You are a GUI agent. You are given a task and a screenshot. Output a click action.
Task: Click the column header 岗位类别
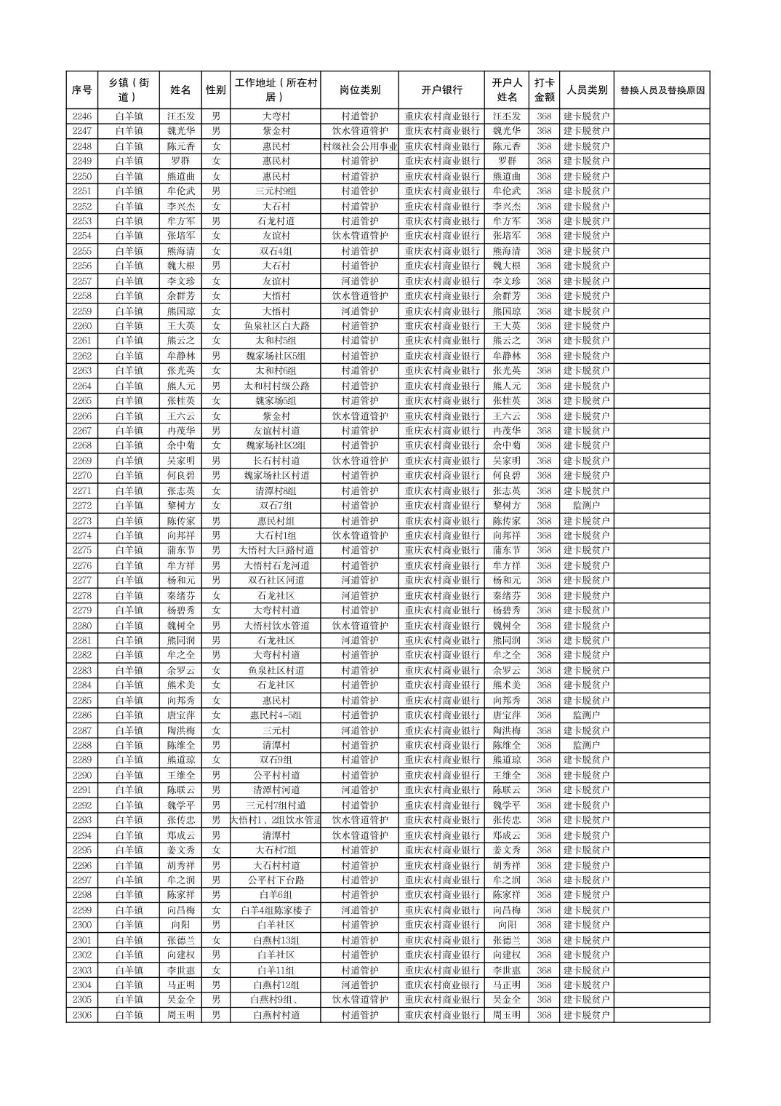pyautogui.click(x=359, y=90)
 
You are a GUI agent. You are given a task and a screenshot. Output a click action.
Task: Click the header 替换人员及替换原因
pyautogui.click(x=662, y=90)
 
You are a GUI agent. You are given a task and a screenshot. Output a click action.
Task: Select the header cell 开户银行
pyautogui.click(x=441, y=90)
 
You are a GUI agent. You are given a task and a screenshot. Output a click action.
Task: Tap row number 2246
pyautogui.click(x=82, y=116)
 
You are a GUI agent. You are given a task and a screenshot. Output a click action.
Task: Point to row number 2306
pyautogui.click(x=82, y=1015)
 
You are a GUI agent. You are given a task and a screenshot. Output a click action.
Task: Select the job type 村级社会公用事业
pyautogui.click(x=359, y=146)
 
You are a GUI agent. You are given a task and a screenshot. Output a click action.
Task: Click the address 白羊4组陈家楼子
pyautogui.click(x=276, y=910)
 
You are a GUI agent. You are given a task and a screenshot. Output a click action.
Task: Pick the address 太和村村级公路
pyautogui.click(x=276, y=386)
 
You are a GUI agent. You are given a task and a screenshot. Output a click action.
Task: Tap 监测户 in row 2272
pyautogui.click(x=586, y=506)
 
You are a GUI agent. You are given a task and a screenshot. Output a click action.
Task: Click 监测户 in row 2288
pyautogui.click(x=586, y=745)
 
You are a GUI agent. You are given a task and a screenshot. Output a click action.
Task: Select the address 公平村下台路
pyautogui.click(x=276, y=880)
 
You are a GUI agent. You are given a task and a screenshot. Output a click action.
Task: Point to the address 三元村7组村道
pyautogui.click(x=276, y=805)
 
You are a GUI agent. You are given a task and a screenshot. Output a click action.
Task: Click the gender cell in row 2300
pyautogui.click(x=216, y=925)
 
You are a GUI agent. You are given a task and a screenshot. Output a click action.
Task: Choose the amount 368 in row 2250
pyautogui.click(x=544, y=176)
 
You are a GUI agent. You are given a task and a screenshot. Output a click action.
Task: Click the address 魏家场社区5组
pyautogui.click(x=276, y=356)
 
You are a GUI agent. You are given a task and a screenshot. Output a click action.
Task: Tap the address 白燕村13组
pyautogui.click(x=276, y=940)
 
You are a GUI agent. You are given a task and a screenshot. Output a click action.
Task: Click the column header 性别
pyautogui.click(x=216, y=90)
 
